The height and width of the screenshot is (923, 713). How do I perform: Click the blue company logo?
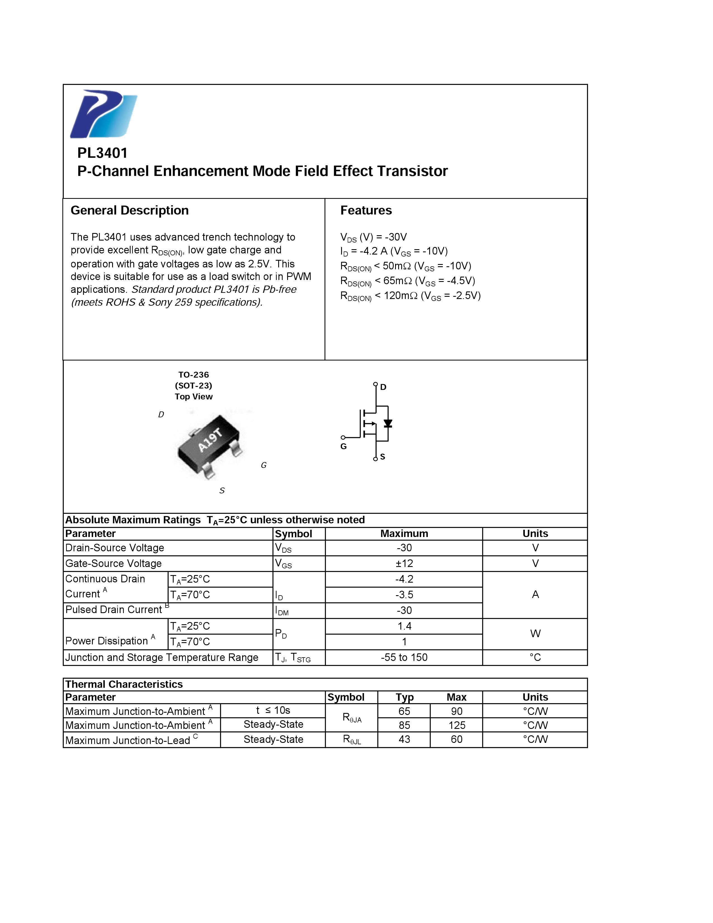point(103,114)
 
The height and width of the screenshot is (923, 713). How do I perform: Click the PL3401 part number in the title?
point(102,153)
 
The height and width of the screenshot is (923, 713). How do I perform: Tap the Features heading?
point(366,210)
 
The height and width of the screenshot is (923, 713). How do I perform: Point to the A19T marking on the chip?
point(210,440)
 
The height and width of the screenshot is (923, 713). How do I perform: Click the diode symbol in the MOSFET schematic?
point(388,423)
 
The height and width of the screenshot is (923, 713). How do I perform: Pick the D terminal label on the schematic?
point(383,387)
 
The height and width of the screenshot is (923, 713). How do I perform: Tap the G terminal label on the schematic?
point(343,446)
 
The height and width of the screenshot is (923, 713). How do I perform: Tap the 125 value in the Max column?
point(457,725)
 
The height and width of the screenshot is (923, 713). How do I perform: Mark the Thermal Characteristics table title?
point(124,684)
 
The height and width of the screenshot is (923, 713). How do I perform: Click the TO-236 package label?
point(193,375)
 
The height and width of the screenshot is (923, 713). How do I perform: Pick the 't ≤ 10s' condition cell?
point(273,710)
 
